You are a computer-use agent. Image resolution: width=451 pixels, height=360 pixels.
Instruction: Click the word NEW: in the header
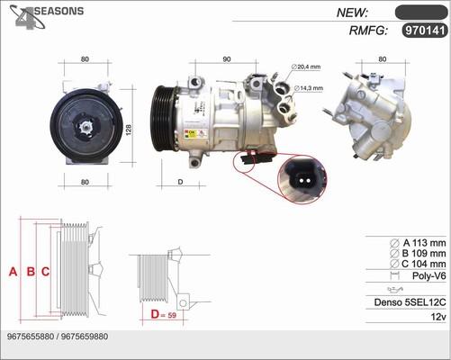[x=355, y=12]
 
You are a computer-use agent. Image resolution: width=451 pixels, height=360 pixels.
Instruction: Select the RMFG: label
[x=366, y=31]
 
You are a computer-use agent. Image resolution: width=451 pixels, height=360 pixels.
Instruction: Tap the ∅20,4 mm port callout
[x=307, y=67]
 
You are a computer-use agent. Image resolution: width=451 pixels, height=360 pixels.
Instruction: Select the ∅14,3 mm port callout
[x=311, y=88]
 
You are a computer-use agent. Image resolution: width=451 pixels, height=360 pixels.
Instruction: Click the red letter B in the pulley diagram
[x=31, y=272]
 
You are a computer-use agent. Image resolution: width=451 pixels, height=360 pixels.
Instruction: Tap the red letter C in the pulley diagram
[x=45, y=272]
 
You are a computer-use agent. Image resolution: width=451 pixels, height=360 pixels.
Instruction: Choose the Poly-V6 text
[x=428, y=275]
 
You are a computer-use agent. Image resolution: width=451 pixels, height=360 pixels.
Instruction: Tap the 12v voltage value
[x=438, y=317]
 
